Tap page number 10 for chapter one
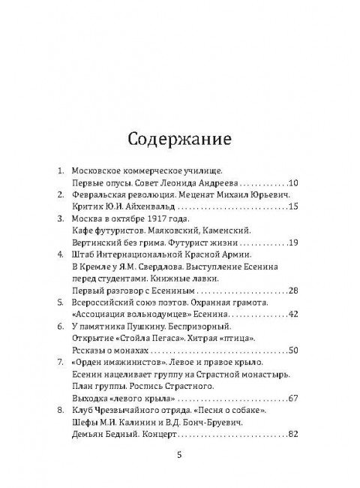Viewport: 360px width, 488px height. [x=293, y=182]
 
